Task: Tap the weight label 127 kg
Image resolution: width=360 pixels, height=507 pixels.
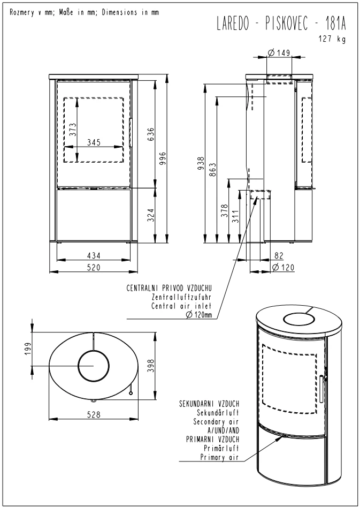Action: (332, 39)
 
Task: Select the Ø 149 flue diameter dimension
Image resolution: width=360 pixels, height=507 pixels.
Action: (279, 52)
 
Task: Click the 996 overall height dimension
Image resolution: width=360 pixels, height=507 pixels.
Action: (163, 158)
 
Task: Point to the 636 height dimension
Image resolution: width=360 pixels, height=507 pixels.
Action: (151, 134)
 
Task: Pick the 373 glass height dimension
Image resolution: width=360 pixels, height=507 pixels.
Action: (73, 130)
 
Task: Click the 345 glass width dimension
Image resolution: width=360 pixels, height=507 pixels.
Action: (94, 142)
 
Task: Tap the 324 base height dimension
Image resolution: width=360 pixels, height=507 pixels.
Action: (151, 215)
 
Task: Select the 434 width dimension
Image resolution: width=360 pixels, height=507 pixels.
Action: (94, 255)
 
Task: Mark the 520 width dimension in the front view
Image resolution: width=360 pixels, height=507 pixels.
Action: (94, 267)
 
